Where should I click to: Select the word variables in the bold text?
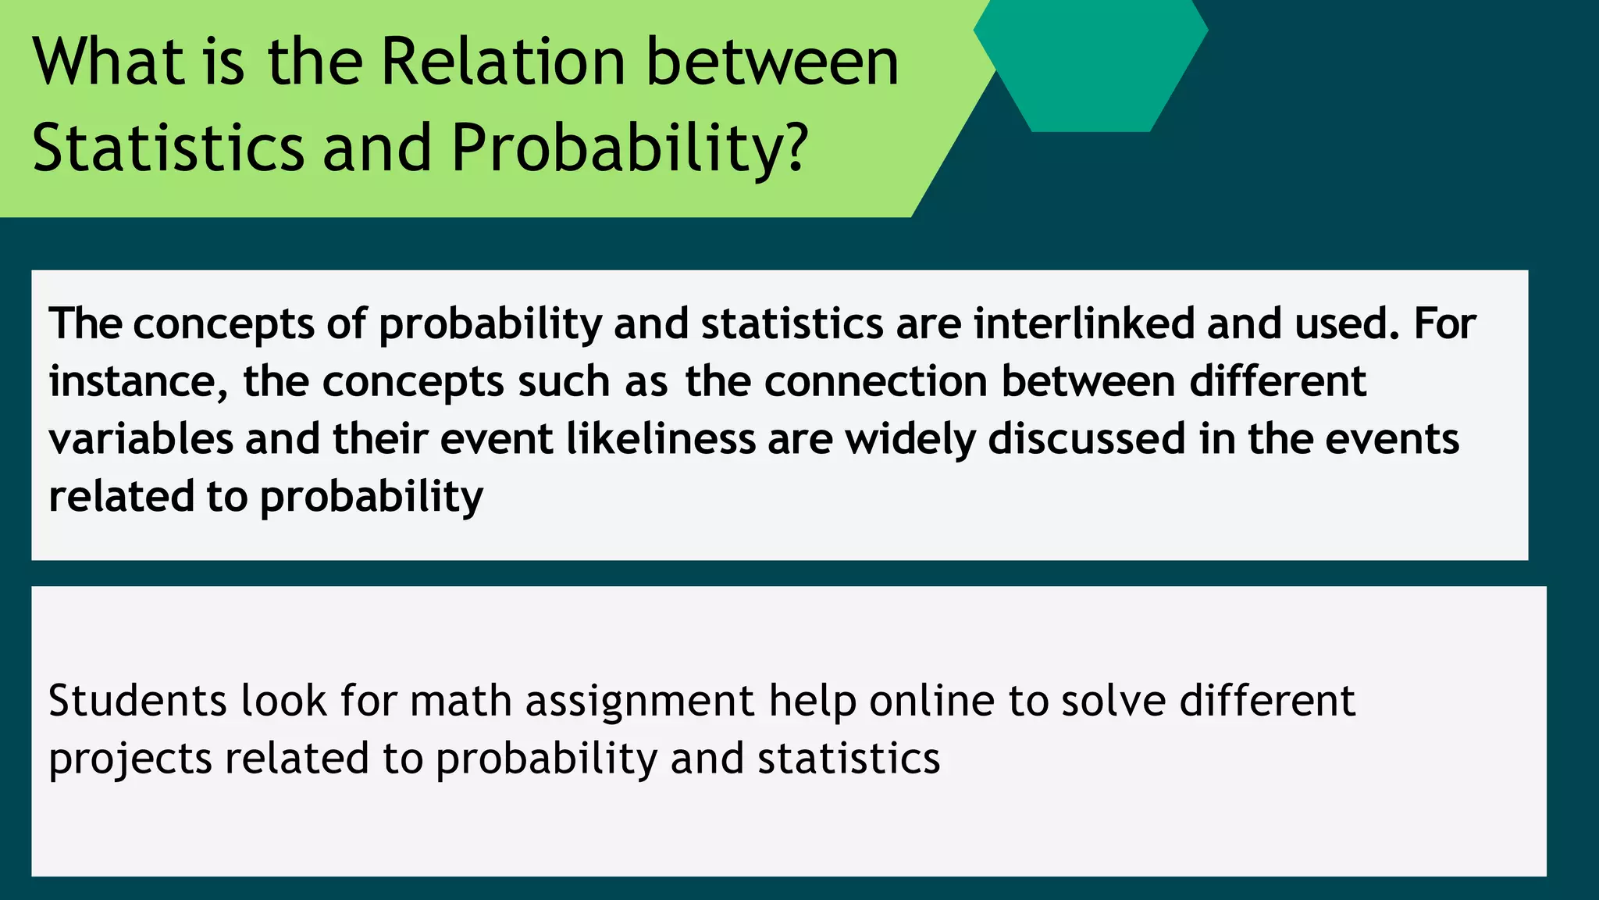[x=141, y=439]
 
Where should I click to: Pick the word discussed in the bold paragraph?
[x=1087, y=439]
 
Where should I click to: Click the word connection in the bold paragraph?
[x=876, y=381]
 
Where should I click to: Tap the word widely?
[x=910, y=439]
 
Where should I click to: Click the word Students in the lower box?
[x=137, y=700]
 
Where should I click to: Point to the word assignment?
[x=639, y=702]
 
